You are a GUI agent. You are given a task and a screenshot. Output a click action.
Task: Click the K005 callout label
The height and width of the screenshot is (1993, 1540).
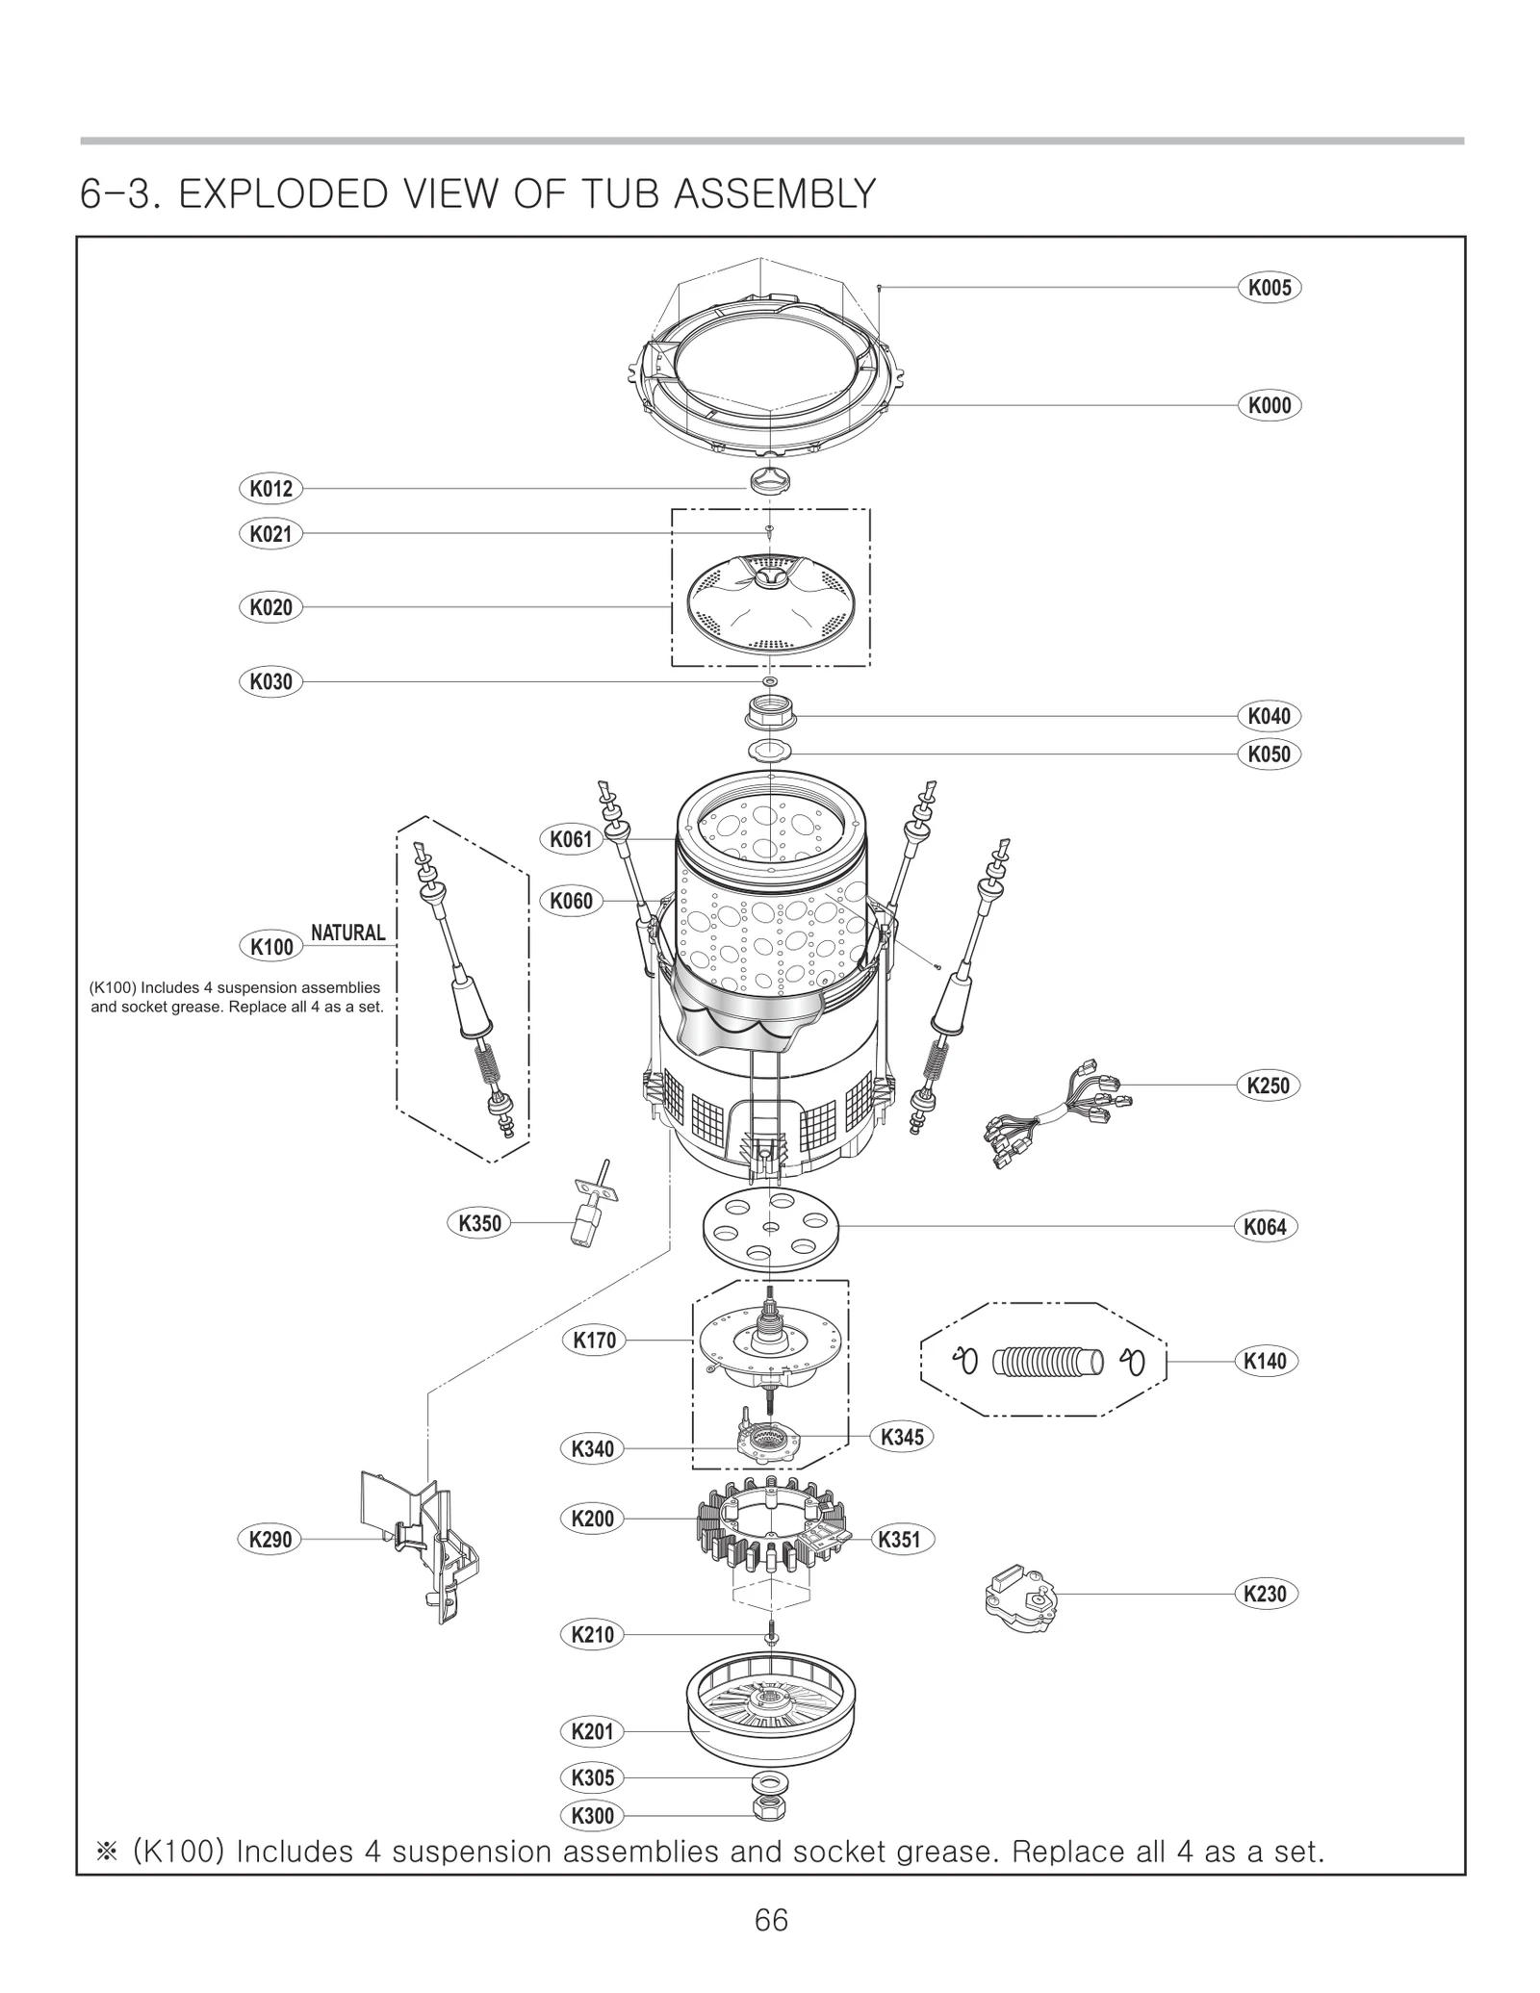click(x=1269, y=288)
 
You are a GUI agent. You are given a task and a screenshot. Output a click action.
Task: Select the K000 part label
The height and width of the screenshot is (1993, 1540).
click(x=1269, y=405)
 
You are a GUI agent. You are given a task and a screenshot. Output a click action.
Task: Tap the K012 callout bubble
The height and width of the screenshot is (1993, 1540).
click(x=270, y=489)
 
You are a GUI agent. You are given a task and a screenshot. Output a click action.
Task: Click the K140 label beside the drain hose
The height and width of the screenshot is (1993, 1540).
click(x=1265, y=1361)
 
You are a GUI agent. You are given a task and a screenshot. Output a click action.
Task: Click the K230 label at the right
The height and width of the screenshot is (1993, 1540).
click(x=1265, y=1594)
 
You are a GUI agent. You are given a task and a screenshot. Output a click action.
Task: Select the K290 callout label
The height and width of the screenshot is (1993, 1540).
click(x=270, y=1539)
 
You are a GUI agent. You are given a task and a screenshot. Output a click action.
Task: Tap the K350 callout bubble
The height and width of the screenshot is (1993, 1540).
click(x=479, y=1223)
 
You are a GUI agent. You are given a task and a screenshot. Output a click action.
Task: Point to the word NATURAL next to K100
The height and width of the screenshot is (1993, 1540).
click(x=347, y=932)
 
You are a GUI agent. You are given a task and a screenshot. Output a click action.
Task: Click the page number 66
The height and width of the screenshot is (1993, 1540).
click(x=771, y=1920)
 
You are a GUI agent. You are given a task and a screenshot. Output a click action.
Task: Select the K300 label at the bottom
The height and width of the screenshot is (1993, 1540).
click(x=592, y=1816)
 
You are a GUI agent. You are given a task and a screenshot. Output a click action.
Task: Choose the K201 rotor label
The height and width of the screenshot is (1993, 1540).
click(x=592, y=1731)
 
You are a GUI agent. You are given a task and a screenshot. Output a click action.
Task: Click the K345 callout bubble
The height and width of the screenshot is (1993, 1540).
click(x=902, y=1437)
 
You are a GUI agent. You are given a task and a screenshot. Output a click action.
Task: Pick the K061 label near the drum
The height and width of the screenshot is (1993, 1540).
click(x=571, y=839)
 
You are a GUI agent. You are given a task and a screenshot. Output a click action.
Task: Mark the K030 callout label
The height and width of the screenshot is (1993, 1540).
click(x=270, y=682)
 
